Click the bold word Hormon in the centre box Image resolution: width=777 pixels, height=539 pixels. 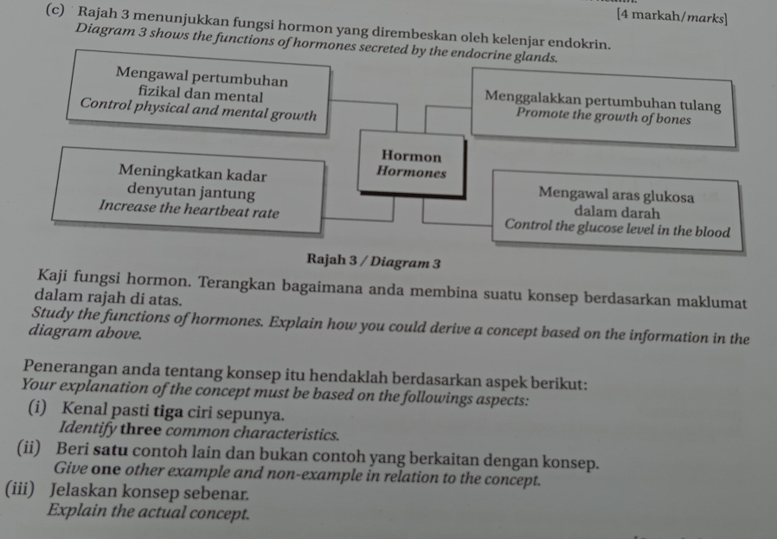click(x=411, y=156)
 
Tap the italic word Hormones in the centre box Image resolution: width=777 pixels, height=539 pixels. click(x=411, y=172)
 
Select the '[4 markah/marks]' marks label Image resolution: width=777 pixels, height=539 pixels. click(x=672, y=16)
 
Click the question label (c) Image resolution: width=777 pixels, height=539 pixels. click(x=55, y=10)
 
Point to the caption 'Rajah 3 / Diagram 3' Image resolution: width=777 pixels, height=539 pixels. click(x=374, y=260)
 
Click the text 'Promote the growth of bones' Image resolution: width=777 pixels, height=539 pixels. click(x=603, y=117)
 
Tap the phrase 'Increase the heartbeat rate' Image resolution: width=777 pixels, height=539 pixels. click(x=189, y=209)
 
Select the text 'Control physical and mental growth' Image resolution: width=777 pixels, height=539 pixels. click(x=198, y=110)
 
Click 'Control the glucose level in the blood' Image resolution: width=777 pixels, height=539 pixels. click(x=618, y=228)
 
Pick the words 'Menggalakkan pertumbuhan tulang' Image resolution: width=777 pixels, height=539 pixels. click(x=603, y=100)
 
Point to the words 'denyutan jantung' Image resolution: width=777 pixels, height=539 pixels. click(x=191, y=191)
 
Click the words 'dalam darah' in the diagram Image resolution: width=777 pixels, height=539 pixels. click(x=617, y=213)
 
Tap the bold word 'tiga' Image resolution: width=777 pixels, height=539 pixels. click(x=169, y=411)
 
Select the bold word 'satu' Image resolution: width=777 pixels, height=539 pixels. click(x=111, y=451)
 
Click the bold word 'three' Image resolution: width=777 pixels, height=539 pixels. click(x=141, y=429)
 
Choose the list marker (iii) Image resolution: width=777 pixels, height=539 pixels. click(x=20, y=489)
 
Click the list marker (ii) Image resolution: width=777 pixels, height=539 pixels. click(x=29, y=448)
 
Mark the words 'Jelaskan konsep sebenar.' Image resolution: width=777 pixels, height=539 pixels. click(x=149, y=492)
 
